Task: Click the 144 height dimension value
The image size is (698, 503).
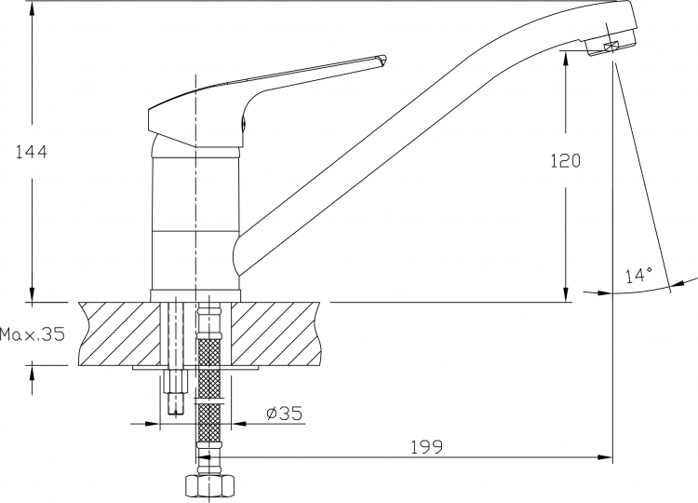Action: (x=31, y=153)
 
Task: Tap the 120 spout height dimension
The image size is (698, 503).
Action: (x=566, y=160)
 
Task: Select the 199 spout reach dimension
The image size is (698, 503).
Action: (x=427, y=447)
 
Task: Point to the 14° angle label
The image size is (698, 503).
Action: (x=638, y=276)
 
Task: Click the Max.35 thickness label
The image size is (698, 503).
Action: (x=32, y=333)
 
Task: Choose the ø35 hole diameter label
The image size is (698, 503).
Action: (x=284, y=414)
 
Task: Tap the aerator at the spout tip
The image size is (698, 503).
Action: (x=611, y=46)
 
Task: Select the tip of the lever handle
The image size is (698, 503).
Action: (x=385, y=60)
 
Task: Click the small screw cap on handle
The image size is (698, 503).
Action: (x=244, y=124)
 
